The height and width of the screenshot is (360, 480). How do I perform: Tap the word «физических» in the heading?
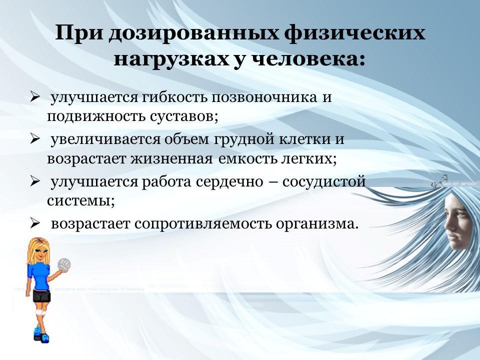(354, 33)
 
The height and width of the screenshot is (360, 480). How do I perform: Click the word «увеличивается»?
(105, 139)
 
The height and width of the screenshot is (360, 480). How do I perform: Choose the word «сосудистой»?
(324, 182)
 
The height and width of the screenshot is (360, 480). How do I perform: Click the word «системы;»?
(81, 201)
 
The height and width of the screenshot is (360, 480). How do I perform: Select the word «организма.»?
(317, 224)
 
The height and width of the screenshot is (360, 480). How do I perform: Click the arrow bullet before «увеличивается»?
(35, 139)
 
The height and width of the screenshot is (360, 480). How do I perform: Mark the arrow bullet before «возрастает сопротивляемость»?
(35, 224)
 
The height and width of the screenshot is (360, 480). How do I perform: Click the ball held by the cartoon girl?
(64, 264)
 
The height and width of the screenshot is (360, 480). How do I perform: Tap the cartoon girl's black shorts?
(41, 295)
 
